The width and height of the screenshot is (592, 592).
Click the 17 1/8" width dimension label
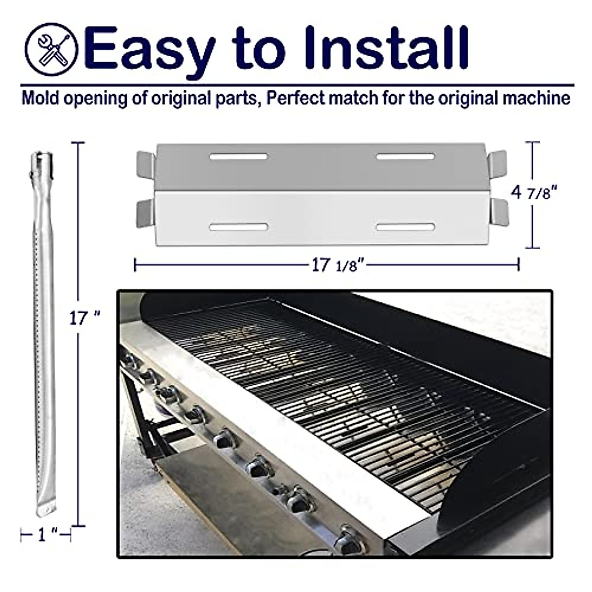338,265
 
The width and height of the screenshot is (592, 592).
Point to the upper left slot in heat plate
238,157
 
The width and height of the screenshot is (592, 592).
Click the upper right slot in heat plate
405,157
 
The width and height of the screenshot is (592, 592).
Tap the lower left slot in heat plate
238,227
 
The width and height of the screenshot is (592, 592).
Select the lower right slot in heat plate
405,227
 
